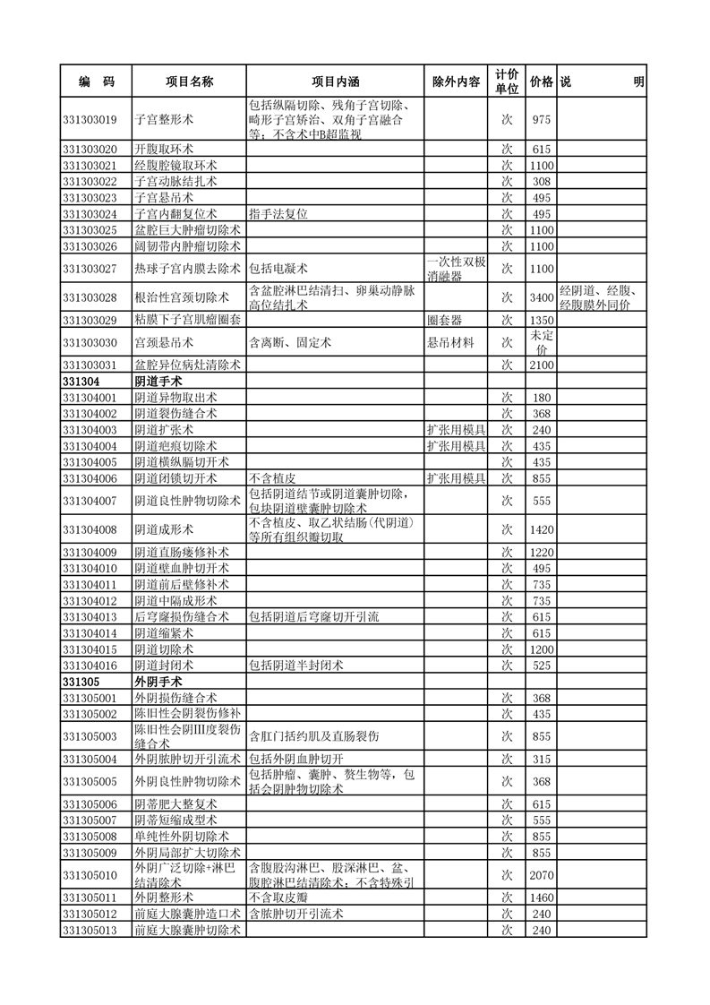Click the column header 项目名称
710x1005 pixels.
tap(189, 82)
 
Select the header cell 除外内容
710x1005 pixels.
tap(456, 82)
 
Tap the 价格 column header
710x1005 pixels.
tap(541, 82)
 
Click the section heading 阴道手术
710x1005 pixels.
tap(158, 382)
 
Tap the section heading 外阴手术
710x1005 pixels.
tap(158, 682)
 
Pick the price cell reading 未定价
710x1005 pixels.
tap(541, 342)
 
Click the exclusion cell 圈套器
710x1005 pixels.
tap(444, 320)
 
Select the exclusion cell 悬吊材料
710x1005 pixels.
tap(450, 342)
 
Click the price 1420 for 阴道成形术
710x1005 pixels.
tap(541, 529)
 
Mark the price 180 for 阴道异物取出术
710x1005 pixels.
tap(541, 397)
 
